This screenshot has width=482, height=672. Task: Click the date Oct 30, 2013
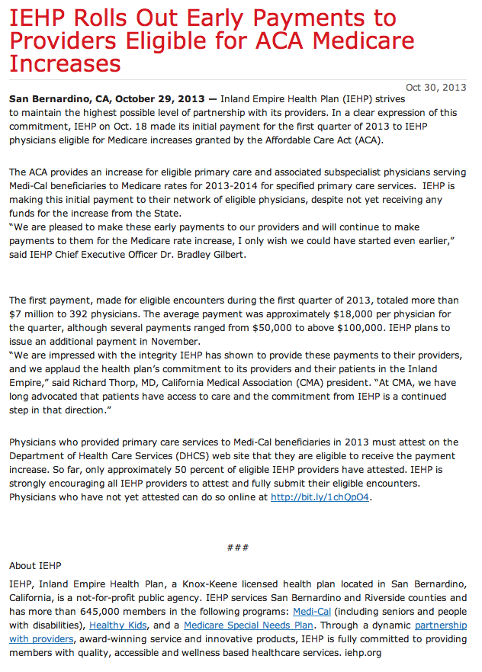point(435,87)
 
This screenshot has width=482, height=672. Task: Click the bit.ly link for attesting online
point(320,497)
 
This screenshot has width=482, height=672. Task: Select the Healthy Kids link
point(117,625)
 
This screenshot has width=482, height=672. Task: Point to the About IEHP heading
point(35,566)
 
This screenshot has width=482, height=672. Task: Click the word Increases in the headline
point(66,63)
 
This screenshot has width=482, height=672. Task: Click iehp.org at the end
point(362,653)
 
